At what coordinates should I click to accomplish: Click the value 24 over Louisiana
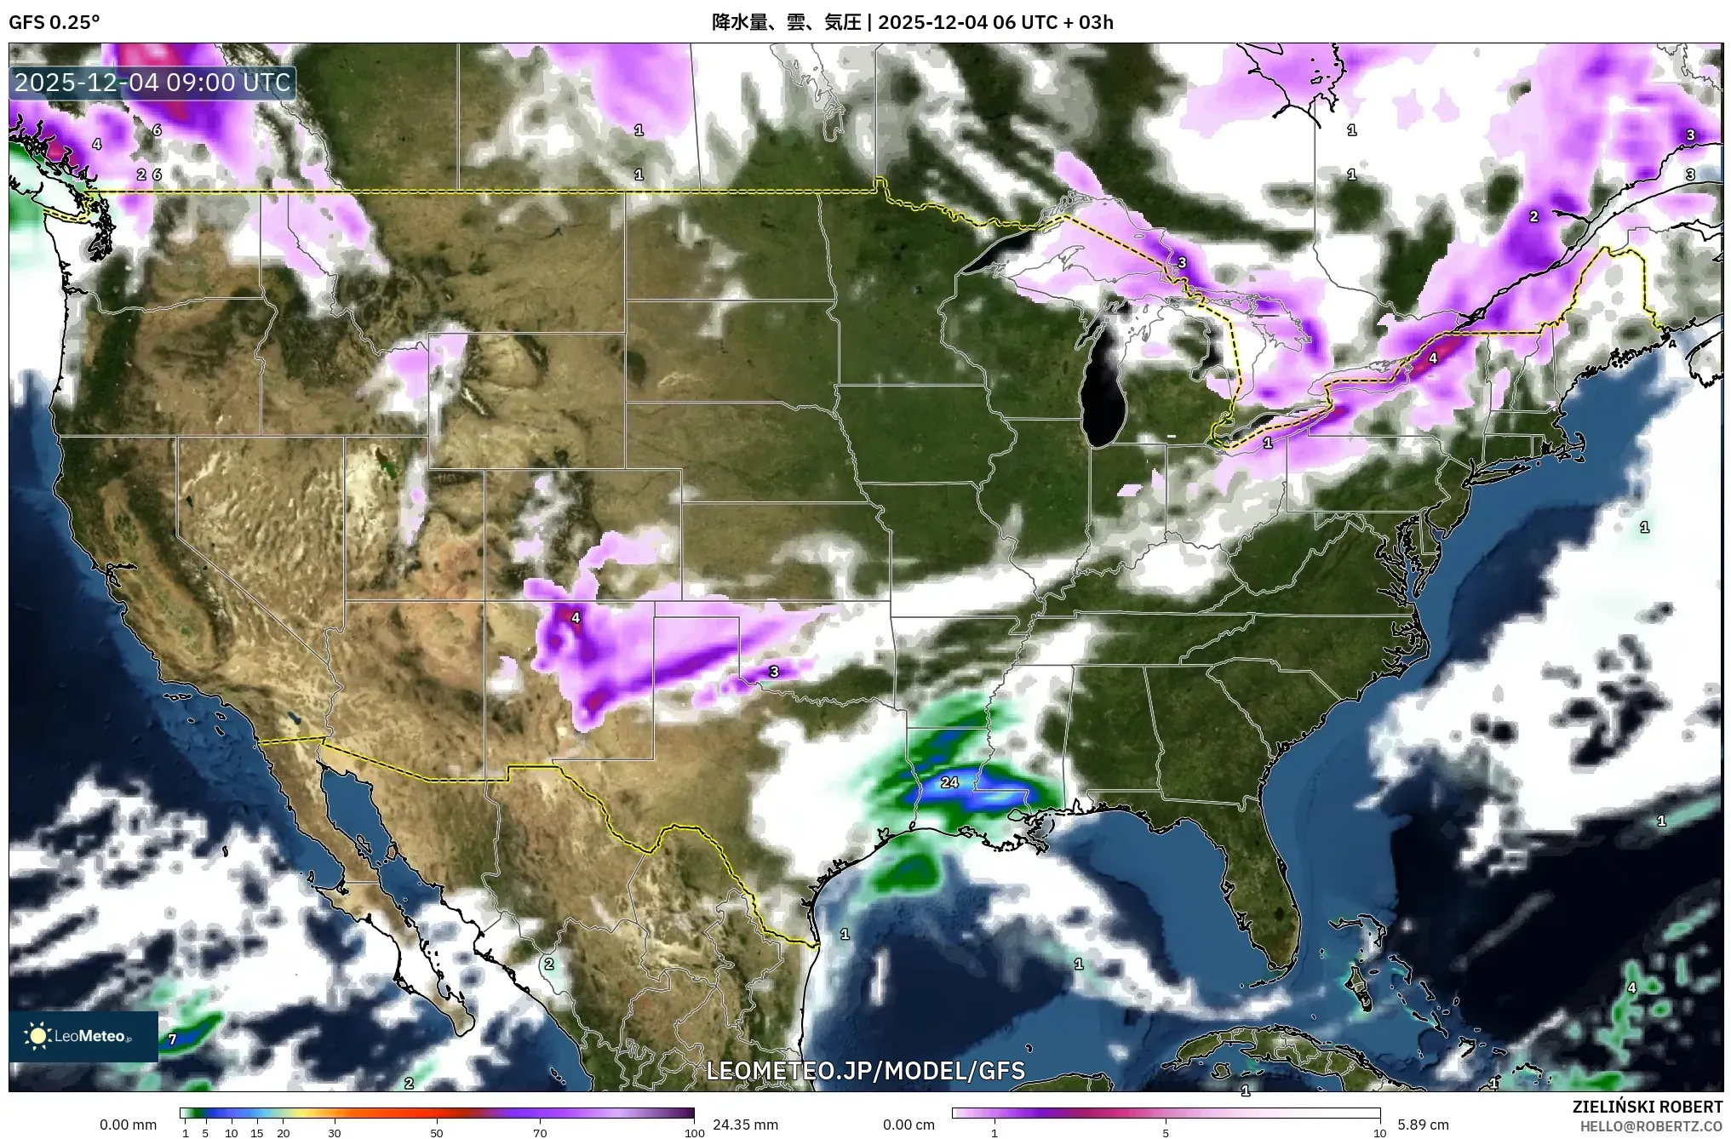tap(949, 782)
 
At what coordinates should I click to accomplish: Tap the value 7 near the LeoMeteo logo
tap(172, 1039)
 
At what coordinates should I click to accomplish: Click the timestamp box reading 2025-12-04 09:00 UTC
tap(153, 83)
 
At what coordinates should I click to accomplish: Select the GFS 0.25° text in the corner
tap(54, 22)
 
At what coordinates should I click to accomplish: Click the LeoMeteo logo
tap(83, 1036)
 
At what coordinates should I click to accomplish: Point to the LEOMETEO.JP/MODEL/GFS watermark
tap(866, 1070)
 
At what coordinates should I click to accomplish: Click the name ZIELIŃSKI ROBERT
tap(1647, 1107)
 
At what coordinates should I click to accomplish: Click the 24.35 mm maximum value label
tap(745, 1125)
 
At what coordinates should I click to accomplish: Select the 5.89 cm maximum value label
tap(1423, 1125)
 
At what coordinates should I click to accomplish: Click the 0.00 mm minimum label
tap(128, 1125)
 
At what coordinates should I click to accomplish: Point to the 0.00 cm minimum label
tap(908, 1125)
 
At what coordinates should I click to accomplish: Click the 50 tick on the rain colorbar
tap(437, 1133)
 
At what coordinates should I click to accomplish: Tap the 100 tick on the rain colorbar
tap(694, 1133)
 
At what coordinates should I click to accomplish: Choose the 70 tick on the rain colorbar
tap(540, 1133)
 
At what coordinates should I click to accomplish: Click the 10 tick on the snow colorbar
tap(1379, 1133)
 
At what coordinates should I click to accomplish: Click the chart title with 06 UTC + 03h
tap(912, 22)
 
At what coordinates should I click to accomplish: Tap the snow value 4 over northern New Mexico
tap(576, 618)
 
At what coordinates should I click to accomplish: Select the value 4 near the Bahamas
tap(1631, 988)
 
